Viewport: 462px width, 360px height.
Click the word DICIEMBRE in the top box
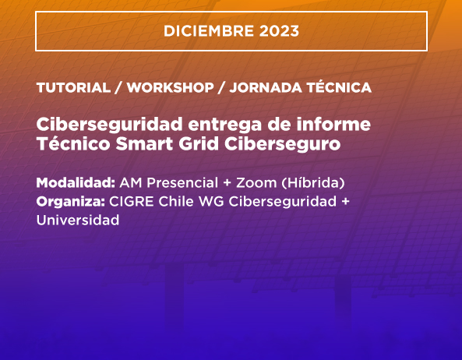pyautogui.click(x=209, y=31)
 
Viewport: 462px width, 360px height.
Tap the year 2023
pyautogui.click(x=279, y=31)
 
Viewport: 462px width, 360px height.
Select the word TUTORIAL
pyautogui.click(x=73, y=87)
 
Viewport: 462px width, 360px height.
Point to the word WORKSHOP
pyautogui.click(x=171, y=87)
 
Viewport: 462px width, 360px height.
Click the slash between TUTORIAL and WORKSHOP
pyautogui.click(x=118, y=87)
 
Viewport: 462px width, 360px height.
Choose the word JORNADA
pyautogui.click(x=266, y=87)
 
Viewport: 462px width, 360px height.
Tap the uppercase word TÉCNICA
pyautogui.click(x=339, y=86)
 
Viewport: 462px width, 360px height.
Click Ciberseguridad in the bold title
pyautogui.click(x=109, y=125)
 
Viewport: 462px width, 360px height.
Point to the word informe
pyautogui.click(x=333, y=124)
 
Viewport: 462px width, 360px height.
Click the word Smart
pyautogui.click(x=144, y=143)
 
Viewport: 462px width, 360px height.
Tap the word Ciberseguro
pyautogui.click(x=282, y=144)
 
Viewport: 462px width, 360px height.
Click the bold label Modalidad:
pyautogui.click(x=76, y=182)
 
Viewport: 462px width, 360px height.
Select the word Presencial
pyautogui.click(x=182, y=182)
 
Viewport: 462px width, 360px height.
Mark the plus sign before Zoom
pyautogui.click(x=227, y=183)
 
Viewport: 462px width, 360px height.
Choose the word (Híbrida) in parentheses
pyautogui.click(x=313, y=183)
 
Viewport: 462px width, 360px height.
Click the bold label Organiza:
pyautogui.click(x=71, y=202)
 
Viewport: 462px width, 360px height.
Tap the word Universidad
pyautogui.click(x=78, y=220)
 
